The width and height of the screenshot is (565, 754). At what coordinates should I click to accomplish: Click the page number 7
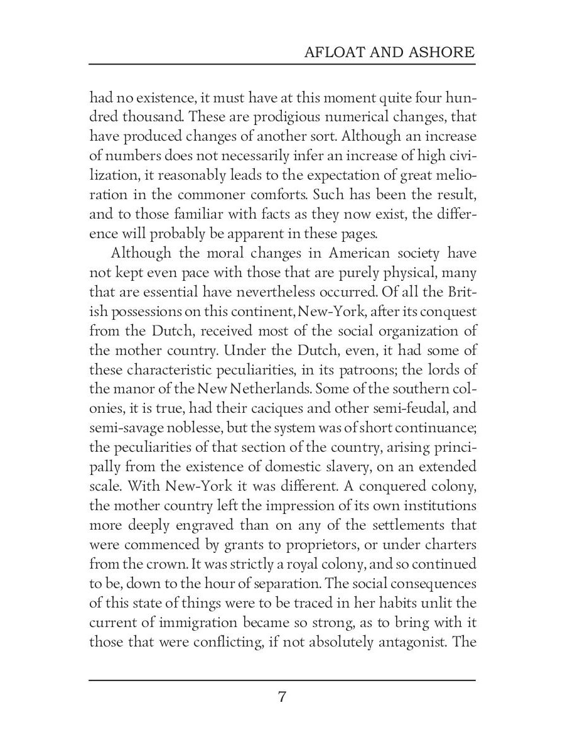282,697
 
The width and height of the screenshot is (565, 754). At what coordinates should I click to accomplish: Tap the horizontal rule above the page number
282,680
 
